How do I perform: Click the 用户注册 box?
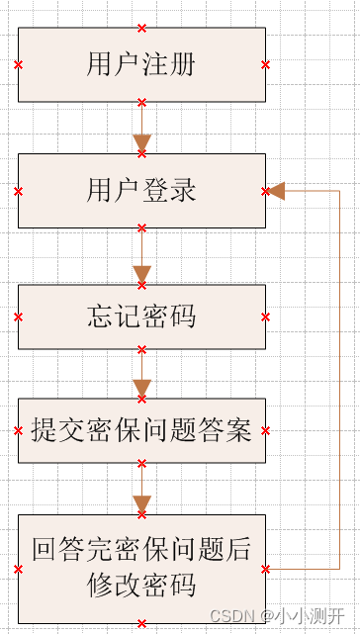coord(141,64)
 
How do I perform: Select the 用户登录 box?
coord(141,190)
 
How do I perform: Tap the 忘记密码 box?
coord(141,317)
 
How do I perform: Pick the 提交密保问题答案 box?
coord(141,430)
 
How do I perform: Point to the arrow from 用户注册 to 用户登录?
coord(141,129)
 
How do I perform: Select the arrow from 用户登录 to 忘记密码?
coord(141,257)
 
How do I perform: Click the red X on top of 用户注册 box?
coord(141,28)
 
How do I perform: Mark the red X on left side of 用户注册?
coord(18,64)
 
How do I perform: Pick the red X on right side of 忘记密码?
coord(265,317)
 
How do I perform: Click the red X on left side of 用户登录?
coord(18,190)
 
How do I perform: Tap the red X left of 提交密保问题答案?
coord(18,430)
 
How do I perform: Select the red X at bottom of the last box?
coord(141,623)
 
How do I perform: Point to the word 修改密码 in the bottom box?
coord(141,584)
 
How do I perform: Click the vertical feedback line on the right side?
coord(340,376)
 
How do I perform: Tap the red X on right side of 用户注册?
coord(265,64)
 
